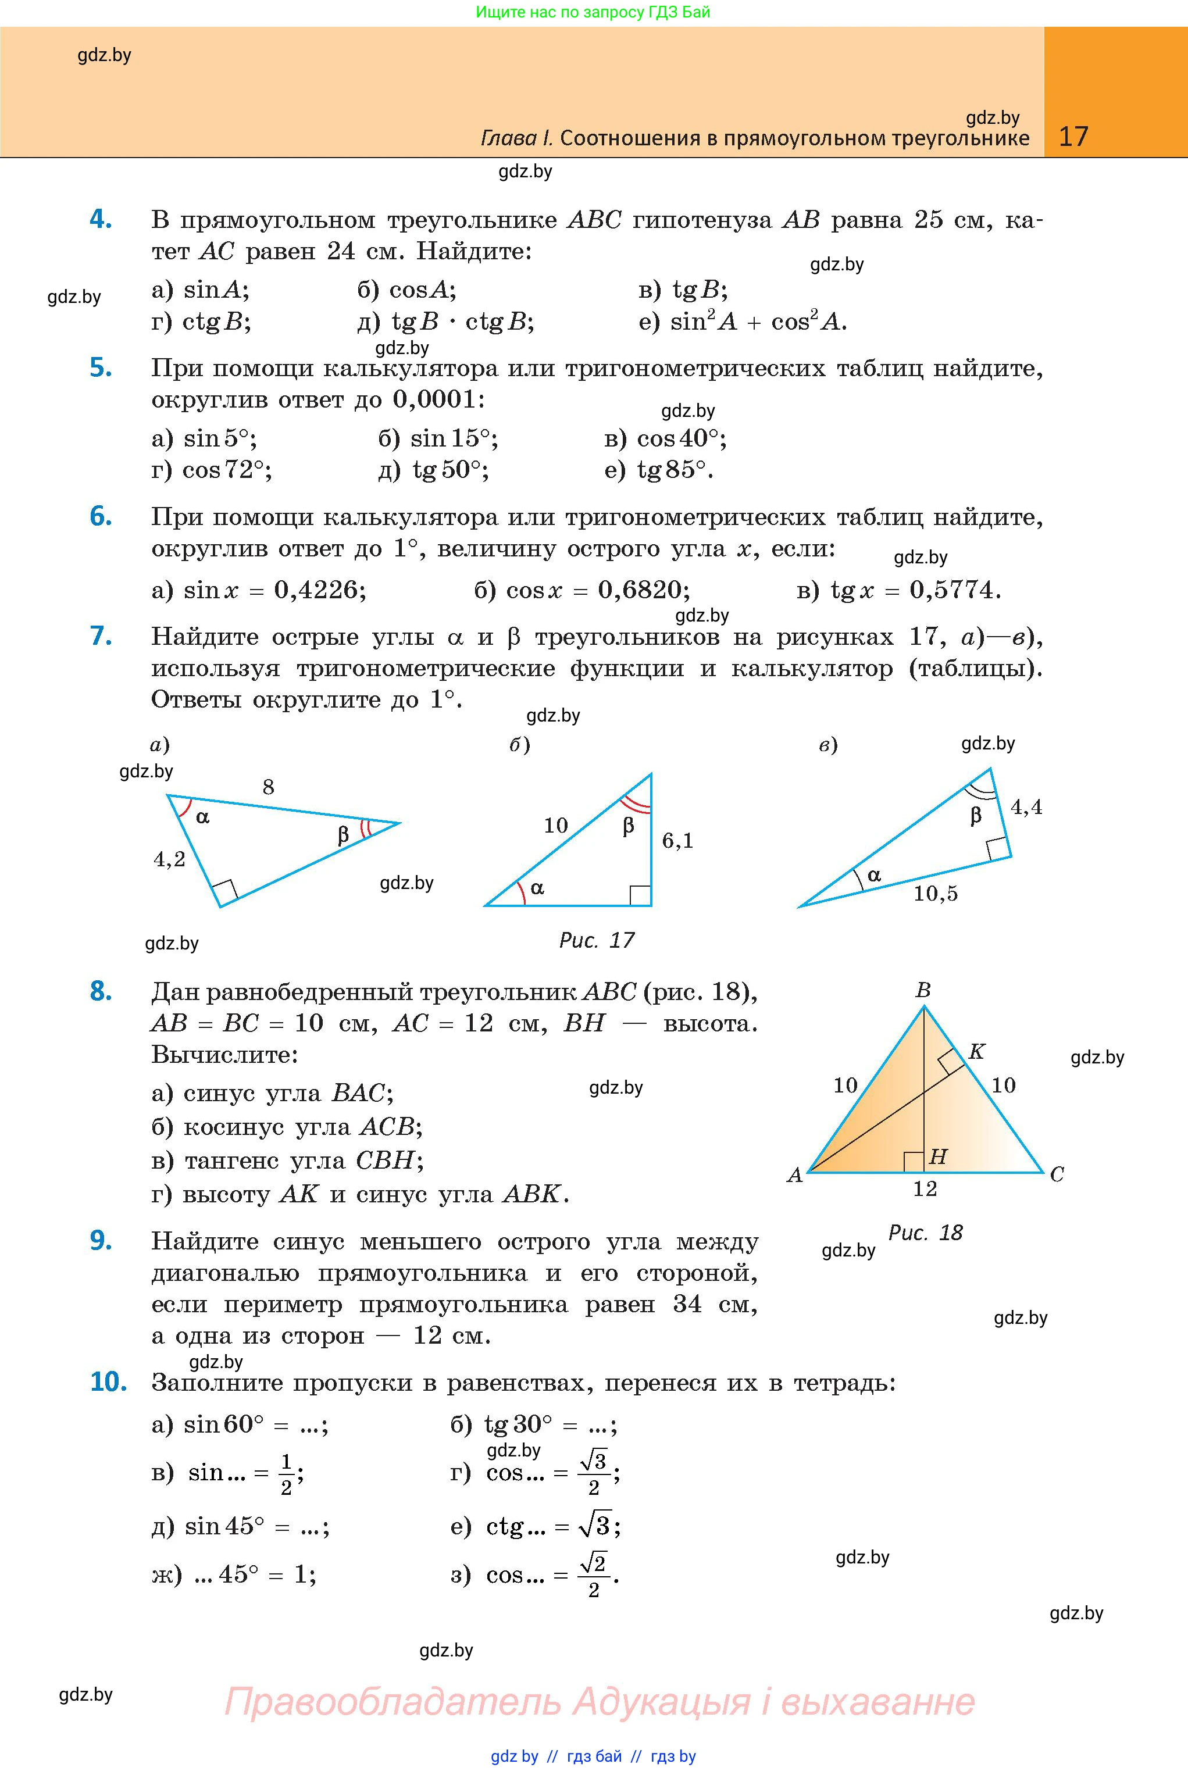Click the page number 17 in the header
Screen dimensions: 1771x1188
(x=1073, y=137)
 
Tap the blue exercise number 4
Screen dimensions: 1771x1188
(x=101, y=219)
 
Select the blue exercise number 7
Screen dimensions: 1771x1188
(x=101, y=635)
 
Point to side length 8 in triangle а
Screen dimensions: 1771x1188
(x=268, y=787)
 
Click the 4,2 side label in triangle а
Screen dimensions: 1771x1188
(x=169, y=859)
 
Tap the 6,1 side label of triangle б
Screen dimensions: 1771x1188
(x=677, y=840)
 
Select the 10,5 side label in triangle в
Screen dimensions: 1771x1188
(x=935, y=894)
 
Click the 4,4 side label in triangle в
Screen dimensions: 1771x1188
(x=1026, y=808)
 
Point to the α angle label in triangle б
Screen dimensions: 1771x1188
(x=537, y=888)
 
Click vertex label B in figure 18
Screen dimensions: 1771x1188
(x=923, y=990)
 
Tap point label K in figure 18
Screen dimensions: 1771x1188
(x=976, y=1051)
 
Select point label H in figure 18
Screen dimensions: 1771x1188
(x=938, y=1156)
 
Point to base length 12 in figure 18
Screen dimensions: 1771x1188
(x=925, y=1188)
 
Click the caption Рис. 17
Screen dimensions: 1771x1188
(x=596, y=940)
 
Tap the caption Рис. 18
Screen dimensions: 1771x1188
(x=925, y=1233)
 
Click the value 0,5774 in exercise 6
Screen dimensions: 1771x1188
(x=954, y=590)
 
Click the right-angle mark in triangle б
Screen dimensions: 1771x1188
(x=640, y=895)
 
